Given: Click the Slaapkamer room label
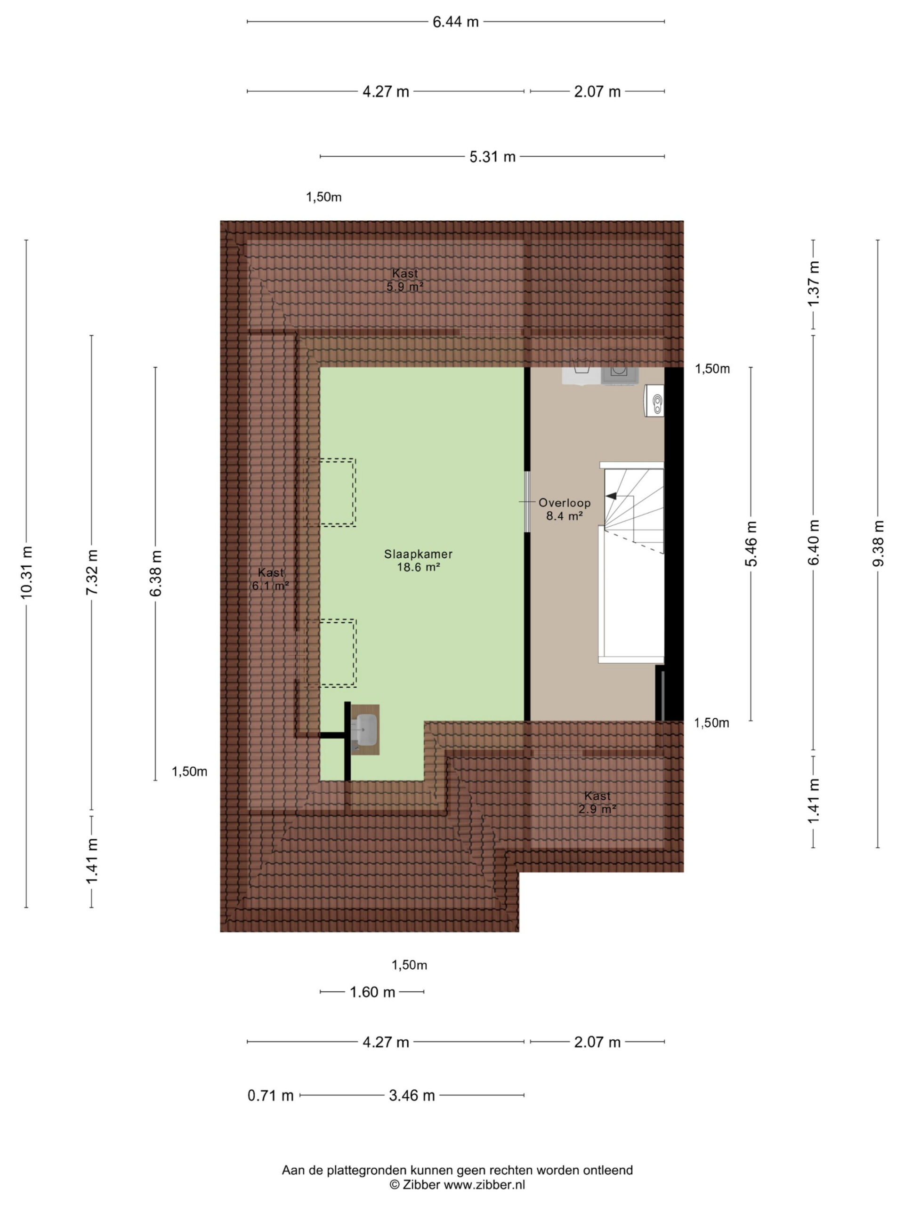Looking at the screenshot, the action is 418,561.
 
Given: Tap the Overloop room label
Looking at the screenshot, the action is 565,509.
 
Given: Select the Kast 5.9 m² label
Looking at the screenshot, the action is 405,280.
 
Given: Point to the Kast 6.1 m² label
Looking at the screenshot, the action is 271,579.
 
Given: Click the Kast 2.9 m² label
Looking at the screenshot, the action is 597,803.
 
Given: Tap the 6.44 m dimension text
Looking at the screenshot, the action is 456,22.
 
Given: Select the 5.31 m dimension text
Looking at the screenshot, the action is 492,157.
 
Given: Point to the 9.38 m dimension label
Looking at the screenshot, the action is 878,544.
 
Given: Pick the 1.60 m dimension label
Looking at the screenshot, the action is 372,992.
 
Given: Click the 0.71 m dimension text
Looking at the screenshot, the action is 270,1095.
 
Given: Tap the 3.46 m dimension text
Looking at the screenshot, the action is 412,1095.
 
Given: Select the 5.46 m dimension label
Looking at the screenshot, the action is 751,544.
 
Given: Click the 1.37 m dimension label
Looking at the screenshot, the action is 814,284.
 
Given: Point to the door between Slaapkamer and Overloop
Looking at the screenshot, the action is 526,501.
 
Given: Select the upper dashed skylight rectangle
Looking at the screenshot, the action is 330,492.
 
